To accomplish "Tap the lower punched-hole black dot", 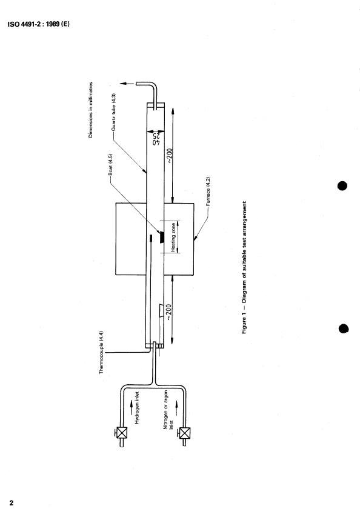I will pyautogui.click(x=344, y=328).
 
